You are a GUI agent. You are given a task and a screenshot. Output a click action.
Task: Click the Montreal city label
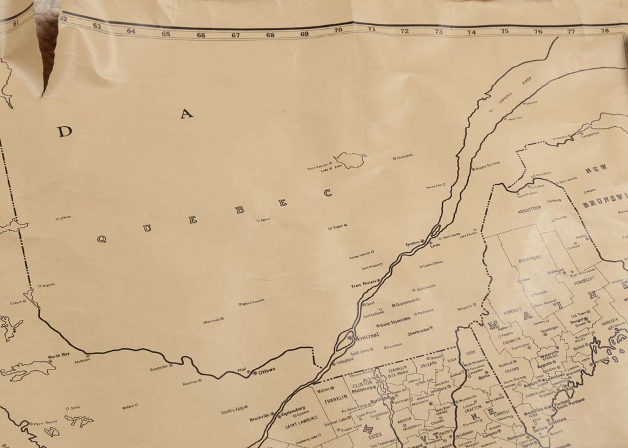point(366,337)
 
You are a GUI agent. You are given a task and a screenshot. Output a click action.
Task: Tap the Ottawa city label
point(267,371)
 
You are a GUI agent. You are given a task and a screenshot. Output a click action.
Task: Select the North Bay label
point(58,355)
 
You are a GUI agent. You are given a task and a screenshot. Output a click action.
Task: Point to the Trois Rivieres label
point(364,285)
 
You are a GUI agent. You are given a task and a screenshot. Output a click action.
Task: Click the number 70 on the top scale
point(338,30)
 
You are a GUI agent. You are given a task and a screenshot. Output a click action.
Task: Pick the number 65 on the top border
point(166,33)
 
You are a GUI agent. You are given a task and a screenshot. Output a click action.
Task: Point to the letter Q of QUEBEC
point(101,239)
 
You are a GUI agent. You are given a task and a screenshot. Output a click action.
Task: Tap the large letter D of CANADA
point(65,131)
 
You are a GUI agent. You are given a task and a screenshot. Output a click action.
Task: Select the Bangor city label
point(577,319)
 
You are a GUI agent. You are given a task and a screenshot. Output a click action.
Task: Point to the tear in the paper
point(46,56)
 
